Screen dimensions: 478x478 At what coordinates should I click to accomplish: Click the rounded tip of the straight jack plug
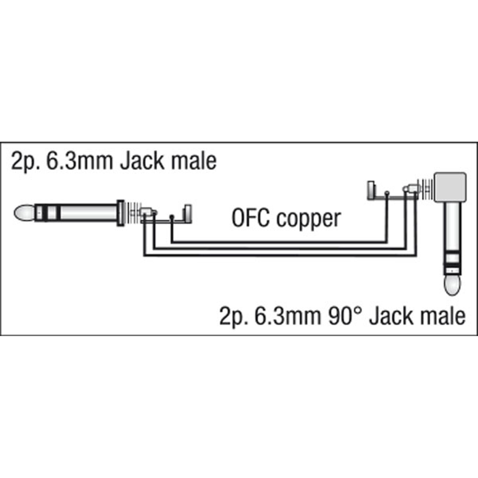(24, 213)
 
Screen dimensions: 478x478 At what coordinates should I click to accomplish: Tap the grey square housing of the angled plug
(450, 187)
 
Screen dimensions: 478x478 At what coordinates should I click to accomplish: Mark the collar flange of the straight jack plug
(121, 213)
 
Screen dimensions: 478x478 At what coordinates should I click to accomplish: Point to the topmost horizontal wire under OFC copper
(279, 242)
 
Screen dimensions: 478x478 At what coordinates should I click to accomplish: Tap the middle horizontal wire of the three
(280, 249)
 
